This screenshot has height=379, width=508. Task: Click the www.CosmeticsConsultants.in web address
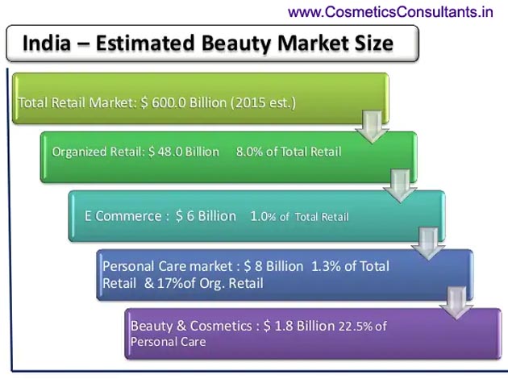click(x=390, y=12)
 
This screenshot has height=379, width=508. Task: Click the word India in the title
click(x=47, y=43)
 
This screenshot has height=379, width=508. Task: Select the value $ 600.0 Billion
click(x=184, y=102)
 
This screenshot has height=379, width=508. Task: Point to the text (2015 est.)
click(x=263, y=103)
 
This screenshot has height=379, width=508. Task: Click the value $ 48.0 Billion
click(x=184, y=152)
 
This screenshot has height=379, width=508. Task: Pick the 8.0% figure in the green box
click(x=249, y=152)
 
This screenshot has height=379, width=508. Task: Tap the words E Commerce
click(x=123, y=216)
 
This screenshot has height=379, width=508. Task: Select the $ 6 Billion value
click(x=206, y=216)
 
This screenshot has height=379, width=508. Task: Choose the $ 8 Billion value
click(x=274, y=266)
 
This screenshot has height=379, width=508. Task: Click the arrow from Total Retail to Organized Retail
click(x=373, y=127)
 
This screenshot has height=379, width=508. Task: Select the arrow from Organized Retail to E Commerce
click(x=401, y=186)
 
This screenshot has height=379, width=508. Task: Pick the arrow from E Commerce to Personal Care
click(x=428, y=244)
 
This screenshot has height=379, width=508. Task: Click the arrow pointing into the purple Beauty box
click(x=456, y=303)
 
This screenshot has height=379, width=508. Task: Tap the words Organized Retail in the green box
click(x=97, y=152)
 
